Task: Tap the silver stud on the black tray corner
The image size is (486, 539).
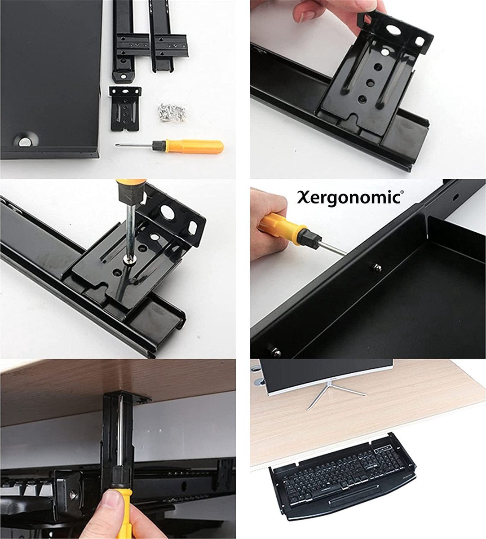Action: [x=25, y=141]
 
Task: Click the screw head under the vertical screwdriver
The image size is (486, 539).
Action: [x=129, y=260]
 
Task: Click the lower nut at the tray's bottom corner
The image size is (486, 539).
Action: [x=274, y=351]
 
